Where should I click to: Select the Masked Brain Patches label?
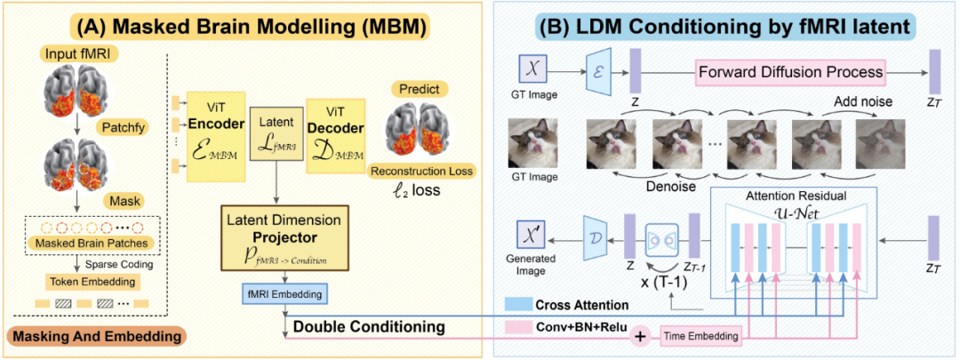pyautogui.click(x=92, y=244)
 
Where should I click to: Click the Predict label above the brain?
pyautogui.click(x=417, y=90)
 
